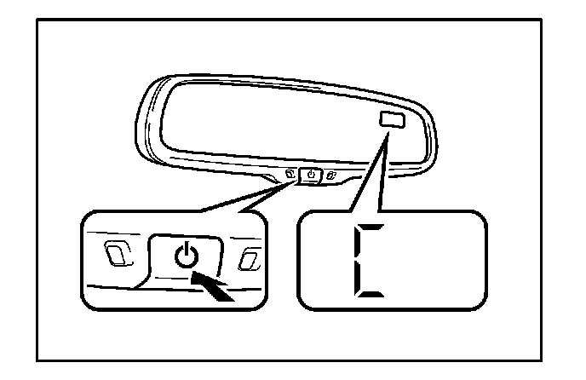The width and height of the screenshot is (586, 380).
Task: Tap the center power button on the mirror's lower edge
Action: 312,176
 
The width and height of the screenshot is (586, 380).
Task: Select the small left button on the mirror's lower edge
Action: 291,176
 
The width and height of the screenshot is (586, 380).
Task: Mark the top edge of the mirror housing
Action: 281,74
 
